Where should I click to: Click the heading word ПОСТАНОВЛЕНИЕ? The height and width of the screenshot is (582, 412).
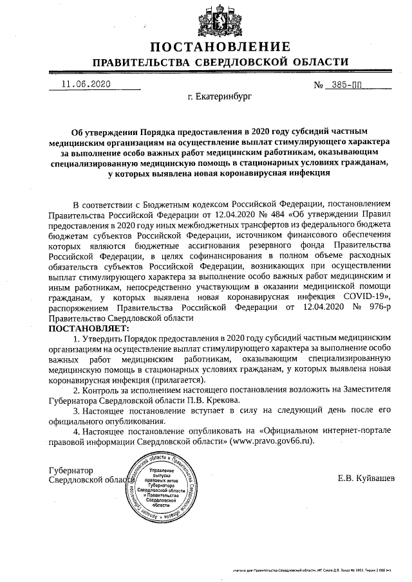[x=220, y=47]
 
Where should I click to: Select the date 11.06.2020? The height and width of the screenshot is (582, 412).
[x=86, y=85]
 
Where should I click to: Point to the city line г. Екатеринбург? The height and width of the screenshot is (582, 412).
[x=220, y=98]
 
